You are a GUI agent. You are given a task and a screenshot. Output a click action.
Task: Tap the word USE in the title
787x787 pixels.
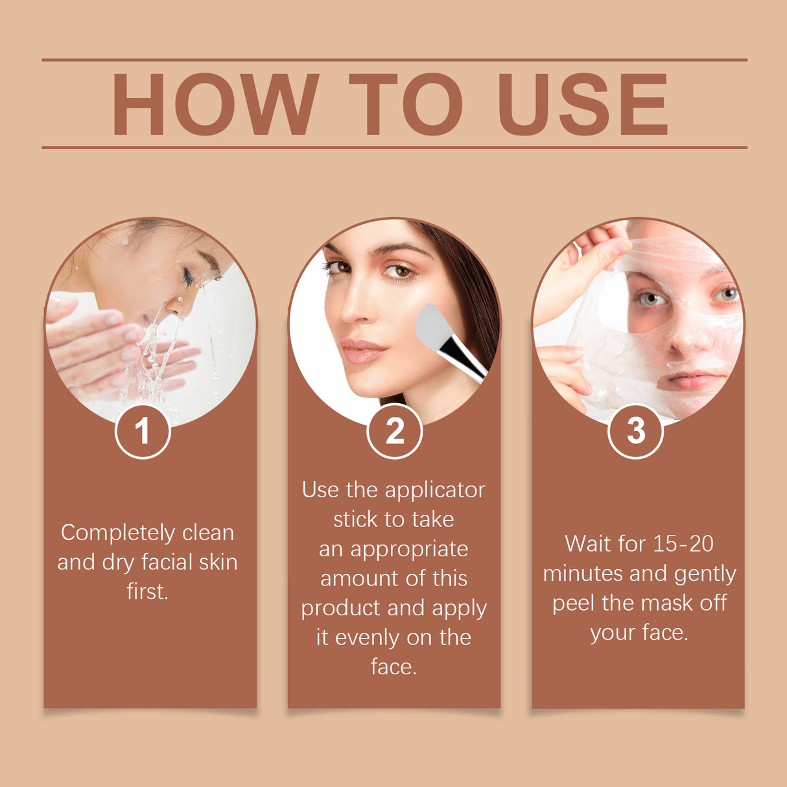pos(582,104)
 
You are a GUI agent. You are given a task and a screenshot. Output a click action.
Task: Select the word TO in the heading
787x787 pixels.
pos(406,104)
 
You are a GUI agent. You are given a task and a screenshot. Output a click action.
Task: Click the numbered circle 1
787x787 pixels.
pos(143,431)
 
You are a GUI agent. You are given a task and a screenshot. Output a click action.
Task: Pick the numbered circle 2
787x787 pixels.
pos(394,431)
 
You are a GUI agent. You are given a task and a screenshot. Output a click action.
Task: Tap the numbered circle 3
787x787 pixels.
pos(635,431)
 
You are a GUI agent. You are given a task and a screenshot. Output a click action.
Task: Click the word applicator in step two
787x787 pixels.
pos(434,490)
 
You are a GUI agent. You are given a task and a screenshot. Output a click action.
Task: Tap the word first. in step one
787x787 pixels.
pos(147,591)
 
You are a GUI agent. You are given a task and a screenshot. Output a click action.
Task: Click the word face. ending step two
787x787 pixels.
pos(393,666)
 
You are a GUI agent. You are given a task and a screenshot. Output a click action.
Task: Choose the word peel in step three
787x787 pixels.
pos(574,603)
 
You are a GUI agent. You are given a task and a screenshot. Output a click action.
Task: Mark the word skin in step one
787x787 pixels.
pos(218,562)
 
